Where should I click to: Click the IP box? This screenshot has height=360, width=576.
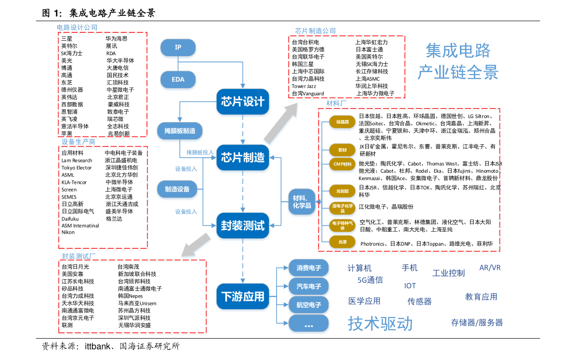[178, 47]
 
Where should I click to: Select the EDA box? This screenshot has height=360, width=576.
[178, 80]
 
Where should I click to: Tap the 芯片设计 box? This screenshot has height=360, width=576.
[243, 102]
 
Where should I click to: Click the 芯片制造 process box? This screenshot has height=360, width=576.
[243, 158]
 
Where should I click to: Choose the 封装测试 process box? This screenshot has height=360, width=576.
[243, 226]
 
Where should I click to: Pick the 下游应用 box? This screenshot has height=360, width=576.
[243, 296]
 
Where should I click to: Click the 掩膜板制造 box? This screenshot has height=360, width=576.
[180, 131]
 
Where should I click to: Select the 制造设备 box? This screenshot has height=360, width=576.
[177, 189]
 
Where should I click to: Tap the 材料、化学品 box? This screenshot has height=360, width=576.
[302, 202]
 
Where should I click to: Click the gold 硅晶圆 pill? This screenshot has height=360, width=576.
[342, 122]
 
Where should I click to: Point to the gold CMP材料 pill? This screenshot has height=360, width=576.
[342, 165]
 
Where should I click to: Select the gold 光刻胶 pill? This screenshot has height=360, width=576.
[342, 192]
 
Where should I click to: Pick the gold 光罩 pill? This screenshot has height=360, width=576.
[342, 241]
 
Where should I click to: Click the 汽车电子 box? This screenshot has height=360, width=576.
[309, 286]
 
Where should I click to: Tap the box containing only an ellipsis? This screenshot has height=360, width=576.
[309, 325]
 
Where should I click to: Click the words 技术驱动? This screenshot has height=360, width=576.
[380, 324]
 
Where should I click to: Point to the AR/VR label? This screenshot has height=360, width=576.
[490, 268]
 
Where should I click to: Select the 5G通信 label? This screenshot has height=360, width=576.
[370, 280]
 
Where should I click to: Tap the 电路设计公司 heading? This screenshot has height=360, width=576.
[77, 28]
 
